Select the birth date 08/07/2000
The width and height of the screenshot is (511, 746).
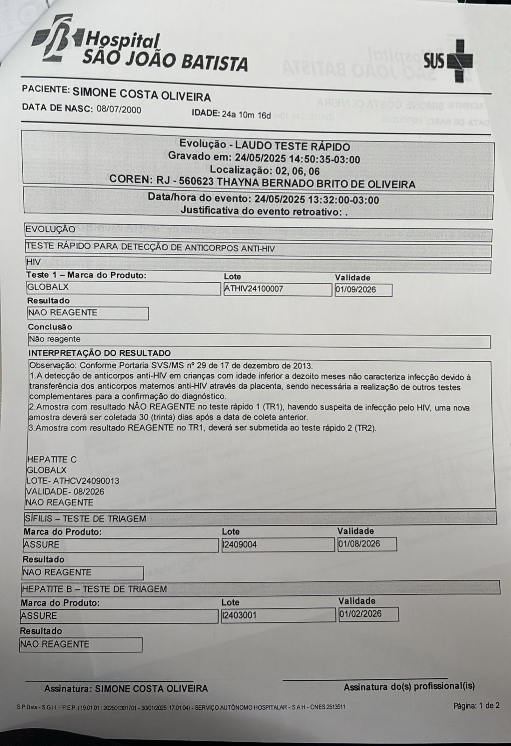[119, 110]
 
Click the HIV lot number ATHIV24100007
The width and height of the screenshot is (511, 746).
[253, 289]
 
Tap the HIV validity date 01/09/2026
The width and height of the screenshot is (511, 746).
[355, 290]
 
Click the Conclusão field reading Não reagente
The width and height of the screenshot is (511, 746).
[55, 339]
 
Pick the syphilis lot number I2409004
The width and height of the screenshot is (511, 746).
[240, 544]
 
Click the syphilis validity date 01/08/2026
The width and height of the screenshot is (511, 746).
[359, 544]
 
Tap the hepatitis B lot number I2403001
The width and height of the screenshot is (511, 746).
[239, 615]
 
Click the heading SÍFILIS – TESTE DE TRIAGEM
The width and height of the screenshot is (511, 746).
[85, 518]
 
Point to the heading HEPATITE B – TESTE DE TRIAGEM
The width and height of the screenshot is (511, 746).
[94, 589]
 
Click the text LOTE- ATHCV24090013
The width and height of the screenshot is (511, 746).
[72, 481]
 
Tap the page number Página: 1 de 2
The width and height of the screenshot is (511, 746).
[476, 705]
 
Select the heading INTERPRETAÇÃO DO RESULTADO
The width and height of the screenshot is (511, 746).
[99, 353]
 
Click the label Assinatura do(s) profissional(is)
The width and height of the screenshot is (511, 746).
[409, 686]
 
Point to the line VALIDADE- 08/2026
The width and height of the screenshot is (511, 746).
[65, 492]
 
